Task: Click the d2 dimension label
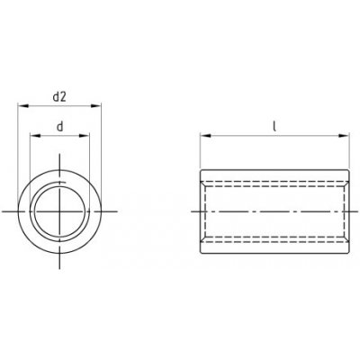59,97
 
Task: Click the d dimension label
60,127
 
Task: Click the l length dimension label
274,126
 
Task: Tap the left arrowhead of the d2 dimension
23,105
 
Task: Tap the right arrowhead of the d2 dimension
96,105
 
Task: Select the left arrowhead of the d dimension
35,136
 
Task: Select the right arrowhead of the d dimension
85,136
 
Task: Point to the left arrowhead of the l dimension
205,136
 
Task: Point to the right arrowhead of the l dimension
344,136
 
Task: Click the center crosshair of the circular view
59,211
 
